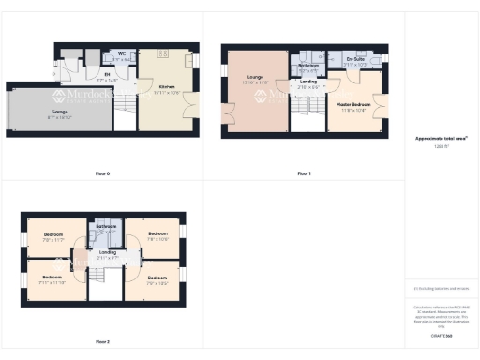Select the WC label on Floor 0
[122, 54]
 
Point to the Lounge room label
[253, 77]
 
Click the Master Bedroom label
[353, 104]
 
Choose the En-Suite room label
[355, 59]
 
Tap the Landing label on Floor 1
[307, 82]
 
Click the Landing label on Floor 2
[109, 252]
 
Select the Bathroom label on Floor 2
[104, 226]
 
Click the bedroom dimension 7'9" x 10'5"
[157, 282]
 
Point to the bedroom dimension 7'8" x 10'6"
[157, 239]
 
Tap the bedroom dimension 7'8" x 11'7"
[51, 239]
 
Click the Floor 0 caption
[102, 174]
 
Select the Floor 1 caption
[304, 174]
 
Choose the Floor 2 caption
[102, 341]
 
